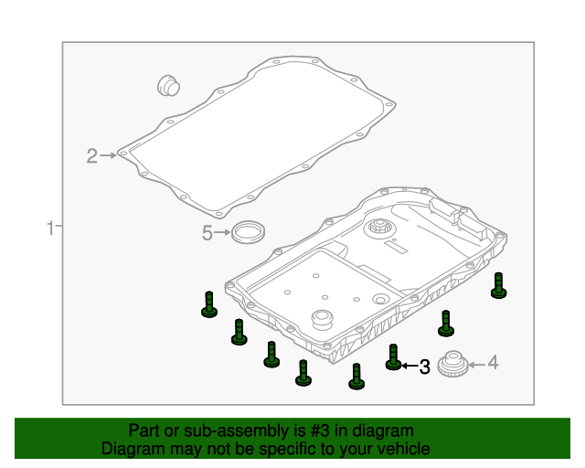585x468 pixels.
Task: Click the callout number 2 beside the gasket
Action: [x=91, y=155]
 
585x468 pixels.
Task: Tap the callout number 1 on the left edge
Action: [x=50, y=228]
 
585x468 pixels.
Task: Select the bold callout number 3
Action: [x=424, y=367]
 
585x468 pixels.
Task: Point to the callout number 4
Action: [x=493, y=363]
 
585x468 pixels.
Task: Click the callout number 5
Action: [x=207, y=233]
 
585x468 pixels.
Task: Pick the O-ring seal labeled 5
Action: [x=249, y=232]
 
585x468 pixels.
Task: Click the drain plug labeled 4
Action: [x=453, y=364]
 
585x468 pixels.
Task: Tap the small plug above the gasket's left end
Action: [x=168, y=85]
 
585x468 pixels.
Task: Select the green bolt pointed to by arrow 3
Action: [x=393, y=357]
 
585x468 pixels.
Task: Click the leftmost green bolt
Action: [x=209, y=304]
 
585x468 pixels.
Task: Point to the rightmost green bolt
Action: [x=499, y=285]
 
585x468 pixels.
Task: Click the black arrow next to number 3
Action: [x=409, y=366]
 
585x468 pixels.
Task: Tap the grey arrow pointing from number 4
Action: [x=477, y=364]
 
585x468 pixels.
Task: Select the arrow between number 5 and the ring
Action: [x=222, y=232]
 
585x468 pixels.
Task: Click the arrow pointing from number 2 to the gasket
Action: [x=108, y=155]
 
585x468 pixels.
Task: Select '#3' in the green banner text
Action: [x=320, y=431]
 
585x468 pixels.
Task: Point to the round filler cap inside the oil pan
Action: [x=380, y=228]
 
